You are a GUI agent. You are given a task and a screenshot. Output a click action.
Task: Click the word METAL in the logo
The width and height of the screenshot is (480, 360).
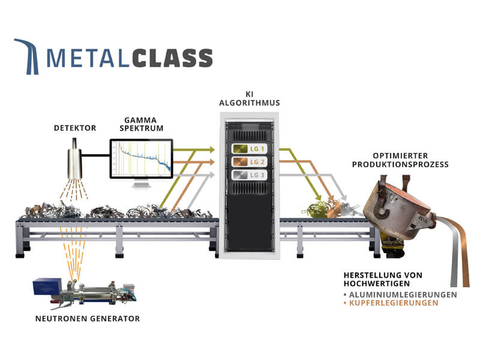click(88, 58)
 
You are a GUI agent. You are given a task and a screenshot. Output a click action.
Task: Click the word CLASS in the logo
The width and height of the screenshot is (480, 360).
click(172, 58)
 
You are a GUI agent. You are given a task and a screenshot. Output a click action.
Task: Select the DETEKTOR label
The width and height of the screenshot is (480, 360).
click(75, 128)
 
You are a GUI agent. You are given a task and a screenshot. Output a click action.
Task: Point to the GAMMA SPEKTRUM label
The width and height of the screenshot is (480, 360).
click(141, 124)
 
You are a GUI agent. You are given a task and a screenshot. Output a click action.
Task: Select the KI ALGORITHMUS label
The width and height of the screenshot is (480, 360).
click(250, 98)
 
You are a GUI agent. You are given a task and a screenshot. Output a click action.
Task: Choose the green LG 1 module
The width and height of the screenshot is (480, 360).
click(249, 149)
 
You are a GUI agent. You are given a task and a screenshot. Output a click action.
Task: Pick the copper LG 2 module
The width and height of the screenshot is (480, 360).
click(249, 162)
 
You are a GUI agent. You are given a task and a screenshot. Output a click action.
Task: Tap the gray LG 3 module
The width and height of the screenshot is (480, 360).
click(249, 175)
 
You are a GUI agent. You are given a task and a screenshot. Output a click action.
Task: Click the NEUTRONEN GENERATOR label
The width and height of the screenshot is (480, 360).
click(88, 319)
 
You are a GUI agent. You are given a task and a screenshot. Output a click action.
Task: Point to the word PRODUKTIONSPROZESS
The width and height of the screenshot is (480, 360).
click(400, 164)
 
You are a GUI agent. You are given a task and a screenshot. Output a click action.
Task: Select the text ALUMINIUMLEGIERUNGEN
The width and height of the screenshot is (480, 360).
click(403, 295)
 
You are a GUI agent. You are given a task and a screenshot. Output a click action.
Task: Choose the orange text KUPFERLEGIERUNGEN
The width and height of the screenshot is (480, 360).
click(394, 303)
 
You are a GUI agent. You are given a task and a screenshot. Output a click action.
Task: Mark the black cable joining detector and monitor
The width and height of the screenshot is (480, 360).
click(96, 155)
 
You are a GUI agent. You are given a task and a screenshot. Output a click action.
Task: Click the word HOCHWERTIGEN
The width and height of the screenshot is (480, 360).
click(377, 284)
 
